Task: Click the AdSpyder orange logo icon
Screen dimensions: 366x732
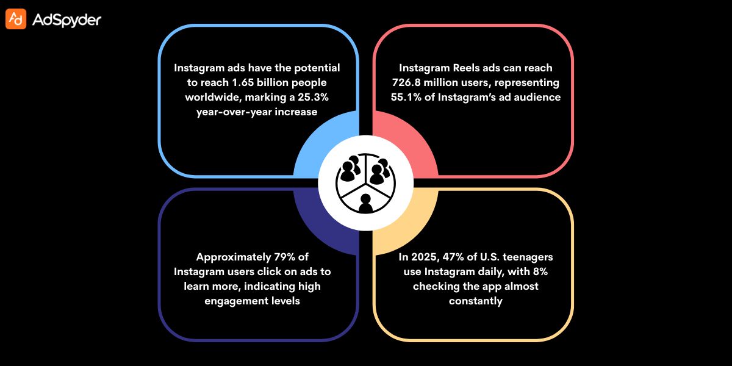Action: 16,20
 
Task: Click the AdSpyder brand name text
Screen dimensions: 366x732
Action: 66,20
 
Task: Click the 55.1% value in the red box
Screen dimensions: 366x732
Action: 409,97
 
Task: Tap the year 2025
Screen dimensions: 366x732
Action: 420,257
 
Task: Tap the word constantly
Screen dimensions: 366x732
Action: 475,301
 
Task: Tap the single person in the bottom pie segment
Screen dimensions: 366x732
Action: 366,203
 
